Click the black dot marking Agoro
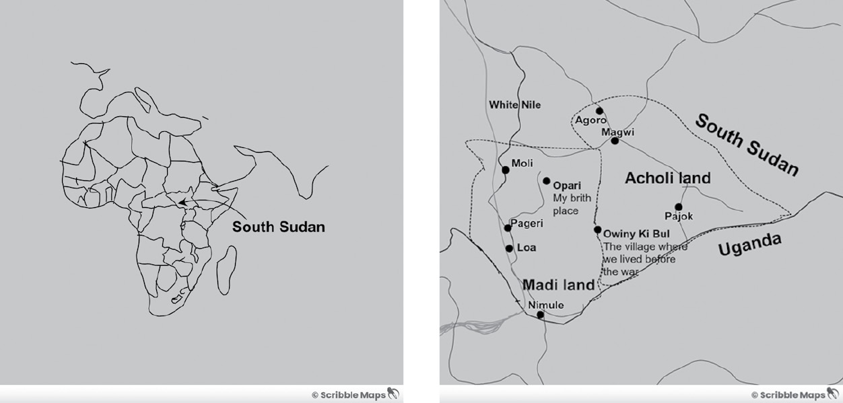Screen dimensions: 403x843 pos(599,111)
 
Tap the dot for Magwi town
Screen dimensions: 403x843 pos(615,141)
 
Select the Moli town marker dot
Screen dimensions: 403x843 pos(506,170)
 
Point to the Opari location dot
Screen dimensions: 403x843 pos(547,181)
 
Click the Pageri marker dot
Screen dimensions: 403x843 pos(508,228)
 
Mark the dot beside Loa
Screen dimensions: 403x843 pos(509,248)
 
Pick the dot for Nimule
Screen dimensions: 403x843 pos(540,314)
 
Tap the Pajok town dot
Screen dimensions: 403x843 pos(678,207)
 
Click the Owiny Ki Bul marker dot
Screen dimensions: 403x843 pos(597,229)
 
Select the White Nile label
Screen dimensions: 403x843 pos(514,105)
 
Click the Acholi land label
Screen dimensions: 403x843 pos(667,178)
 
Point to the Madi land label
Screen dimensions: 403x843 pos(558,285)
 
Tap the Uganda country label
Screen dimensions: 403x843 pos(749,246)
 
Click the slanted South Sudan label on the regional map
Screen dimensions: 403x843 pos(746,145)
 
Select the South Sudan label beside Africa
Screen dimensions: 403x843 pos(278,227)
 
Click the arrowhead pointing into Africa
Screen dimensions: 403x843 pos(182,201)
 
